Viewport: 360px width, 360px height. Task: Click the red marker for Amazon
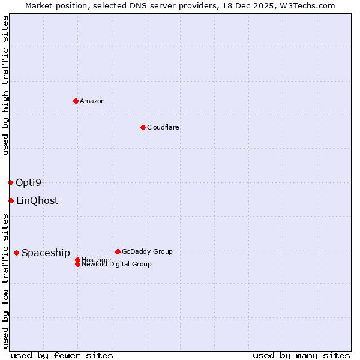pos(76,101)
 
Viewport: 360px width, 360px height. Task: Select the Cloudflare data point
pos(143,127)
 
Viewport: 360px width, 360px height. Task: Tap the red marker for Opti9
pos(10,182)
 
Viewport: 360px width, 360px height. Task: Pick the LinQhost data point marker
pos(11,200)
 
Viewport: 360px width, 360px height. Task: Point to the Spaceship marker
pos(16,253)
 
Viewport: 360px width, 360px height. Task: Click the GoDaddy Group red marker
pos(118,251)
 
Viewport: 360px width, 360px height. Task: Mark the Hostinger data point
pos(77,260)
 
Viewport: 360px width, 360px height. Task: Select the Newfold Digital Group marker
pos(77,264)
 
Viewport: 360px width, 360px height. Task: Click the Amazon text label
pos(92,101)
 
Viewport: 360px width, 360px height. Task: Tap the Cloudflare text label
pos(163,127)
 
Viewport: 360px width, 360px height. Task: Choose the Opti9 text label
pos(28,182)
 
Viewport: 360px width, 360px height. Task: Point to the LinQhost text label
pos(37,200)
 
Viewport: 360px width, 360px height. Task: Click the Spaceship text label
pos(46,253)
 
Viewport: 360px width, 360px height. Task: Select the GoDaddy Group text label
pos(147,251)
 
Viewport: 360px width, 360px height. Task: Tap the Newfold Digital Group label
pos(117,265)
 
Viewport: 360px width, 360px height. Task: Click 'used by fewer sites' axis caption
pos(62,355)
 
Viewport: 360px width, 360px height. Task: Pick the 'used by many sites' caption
pos(301,355)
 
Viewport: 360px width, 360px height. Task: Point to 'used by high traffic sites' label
pos(5,85)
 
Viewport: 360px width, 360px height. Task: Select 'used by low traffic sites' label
pos(5,281)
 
